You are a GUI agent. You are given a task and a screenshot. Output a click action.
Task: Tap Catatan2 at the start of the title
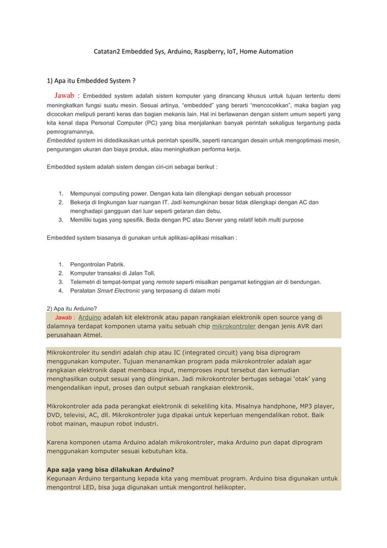pos(107,52)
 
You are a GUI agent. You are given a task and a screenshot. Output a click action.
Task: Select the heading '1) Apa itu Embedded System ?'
pos(91,81)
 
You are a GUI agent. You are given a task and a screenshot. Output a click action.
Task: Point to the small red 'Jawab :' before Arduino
pos(65,317)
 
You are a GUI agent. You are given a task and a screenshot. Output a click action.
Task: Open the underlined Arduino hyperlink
pos(90,317)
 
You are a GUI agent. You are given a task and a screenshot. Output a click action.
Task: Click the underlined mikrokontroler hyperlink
pos(234,326)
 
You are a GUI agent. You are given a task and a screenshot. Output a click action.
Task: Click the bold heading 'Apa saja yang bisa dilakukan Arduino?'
pos(110,469)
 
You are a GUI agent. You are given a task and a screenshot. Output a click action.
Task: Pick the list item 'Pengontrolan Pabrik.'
pos(98,265)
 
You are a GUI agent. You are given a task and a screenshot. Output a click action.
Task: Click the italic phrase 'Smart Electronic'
pos(118,291)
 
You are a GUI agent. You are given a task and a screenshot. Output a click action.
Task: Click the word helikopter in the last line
pos(224,487)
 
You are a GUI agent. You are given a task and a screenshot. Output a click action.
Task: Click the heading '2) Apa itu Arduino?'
pos(72,308)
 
